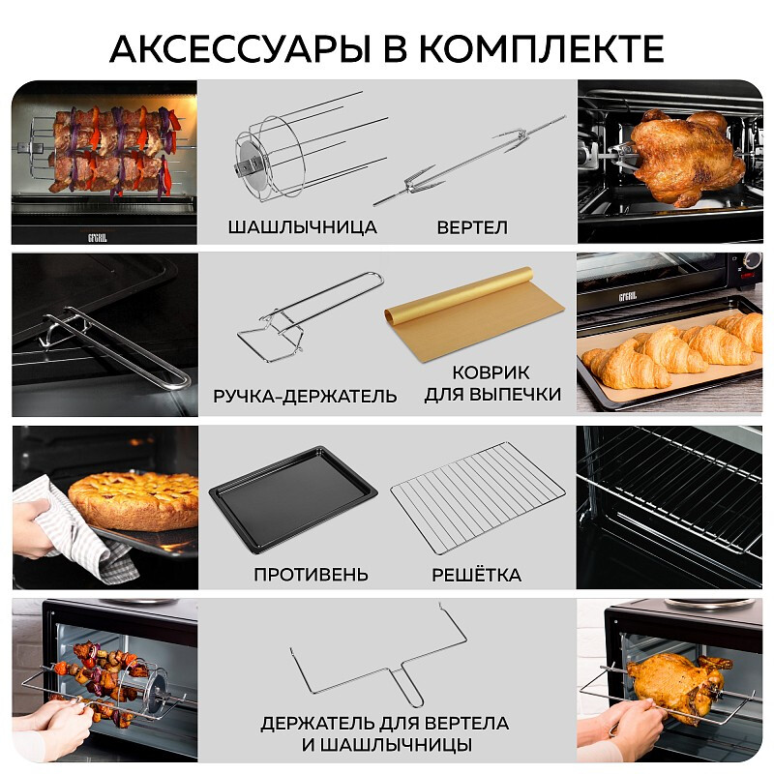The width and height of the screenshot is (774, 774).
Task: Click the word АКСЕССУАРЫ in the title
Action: coord(240,48)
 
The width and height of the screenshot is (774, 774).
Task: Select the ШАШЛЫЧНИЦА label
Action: coord(303,227)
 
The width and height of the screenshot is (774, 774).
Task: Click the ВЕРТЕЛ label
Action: coord(472,227)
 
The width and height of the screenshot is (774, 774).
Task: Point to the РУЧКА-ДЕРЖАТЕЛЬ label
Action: coord(305,397)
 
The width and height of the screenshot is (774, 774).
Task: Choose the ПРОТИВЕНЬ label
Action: coord(311,575)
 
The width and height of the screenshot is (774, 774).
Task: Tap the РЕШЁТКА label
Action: coord(476,574)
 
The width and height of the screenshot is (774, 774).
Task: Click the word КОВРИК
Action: coord(491,372)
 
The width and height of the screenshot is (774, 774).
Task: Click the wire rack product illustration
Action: coord(477,496)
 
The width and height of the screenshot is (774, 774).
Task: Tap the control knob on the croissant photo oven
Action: coord(753,260)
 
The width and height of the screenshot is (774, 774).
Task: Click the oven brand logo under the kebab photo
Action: coord(98,237)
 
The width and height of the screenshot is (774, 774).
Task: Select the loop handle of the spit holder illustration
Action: coord(409,686)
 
